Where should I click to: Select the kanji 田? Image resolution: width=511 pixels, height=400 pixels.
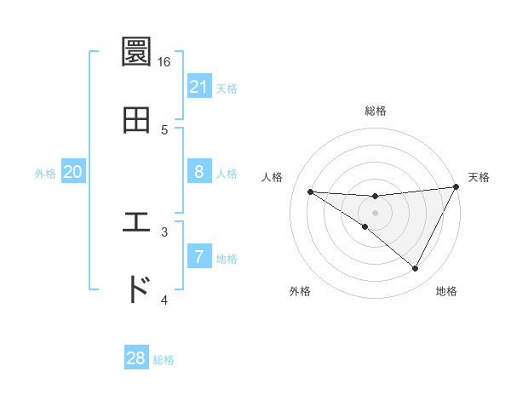coord(136,120)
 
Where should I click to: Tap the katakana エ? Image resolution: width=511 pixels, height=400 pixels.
coord(136,223)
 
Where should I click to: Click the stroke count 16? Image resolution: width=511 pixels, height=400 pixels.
coord(164,62)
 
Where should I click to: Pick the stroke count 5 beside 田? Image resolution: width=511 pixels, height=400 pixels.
coord(164,129)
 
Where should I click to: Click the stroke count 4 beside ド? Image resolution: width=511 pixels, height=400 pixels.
coord(164,300)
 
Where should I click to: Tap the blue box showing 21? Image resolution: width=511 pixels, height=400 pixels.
coord(198,87)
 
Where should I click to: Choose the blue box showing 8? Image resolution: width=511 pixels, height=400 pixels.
coord(198,172)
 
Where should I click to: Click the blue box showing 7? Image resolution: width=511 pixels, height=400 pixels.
coord(198,256)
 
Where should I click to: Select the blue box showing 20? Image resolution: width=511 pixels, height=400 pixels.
coord(72,172)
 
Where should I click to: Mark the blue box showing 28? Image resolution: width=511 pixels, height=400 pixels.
coord(136,358)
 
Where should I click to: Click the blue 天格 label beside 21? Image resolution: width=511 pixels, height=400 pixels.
coord(227,88)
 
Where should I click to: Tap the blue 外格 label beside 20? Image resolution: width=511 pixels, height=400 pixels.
coord(45,173)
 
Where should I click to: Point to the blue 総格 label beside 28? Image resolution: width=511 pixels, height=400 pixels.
coord(164,359)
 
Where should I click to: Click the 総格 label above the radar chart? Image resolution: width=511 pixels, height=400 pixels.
coord(376,111)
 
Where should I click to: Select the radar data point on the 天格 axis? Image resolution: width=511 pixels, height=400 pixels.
coord(456,187)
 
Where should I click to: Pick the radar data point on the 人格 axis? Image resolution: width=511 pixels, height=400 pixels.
coord(310,191)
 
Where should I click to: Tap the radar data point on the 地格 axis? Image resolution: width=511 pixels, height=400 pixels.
coord(416,269)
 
